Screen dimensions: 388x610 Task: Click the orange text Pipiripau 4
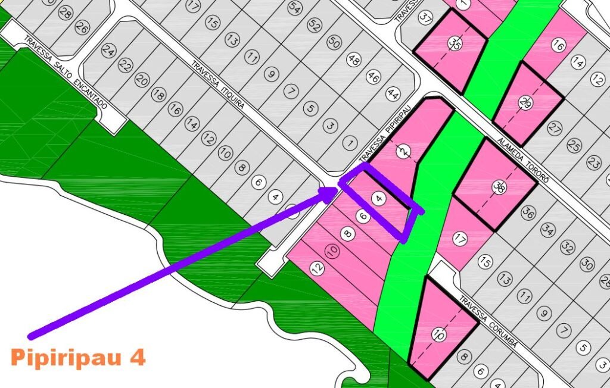tap(78, 358)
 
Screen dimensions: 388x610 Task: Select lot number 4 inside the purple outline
tap(378, 198)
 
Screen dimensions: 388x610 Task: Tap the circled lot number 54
tap(294, 8)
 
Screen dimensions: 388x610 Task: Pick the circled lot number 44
tap(393, 93)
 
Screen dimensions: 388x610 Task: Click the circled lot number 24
tap(108, 51)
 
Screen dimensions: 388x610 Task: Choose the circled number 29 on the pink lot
tap(525, 104)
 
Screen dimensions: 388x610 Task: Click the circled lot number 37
tap(425, 18)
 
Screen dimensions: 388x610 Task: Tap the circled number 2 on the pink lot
tap(404, 152)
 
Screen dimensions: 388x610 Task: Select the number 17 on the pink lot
tap(460, 240)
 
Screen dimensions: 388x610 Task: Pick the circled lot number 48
tap(354, 60)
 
